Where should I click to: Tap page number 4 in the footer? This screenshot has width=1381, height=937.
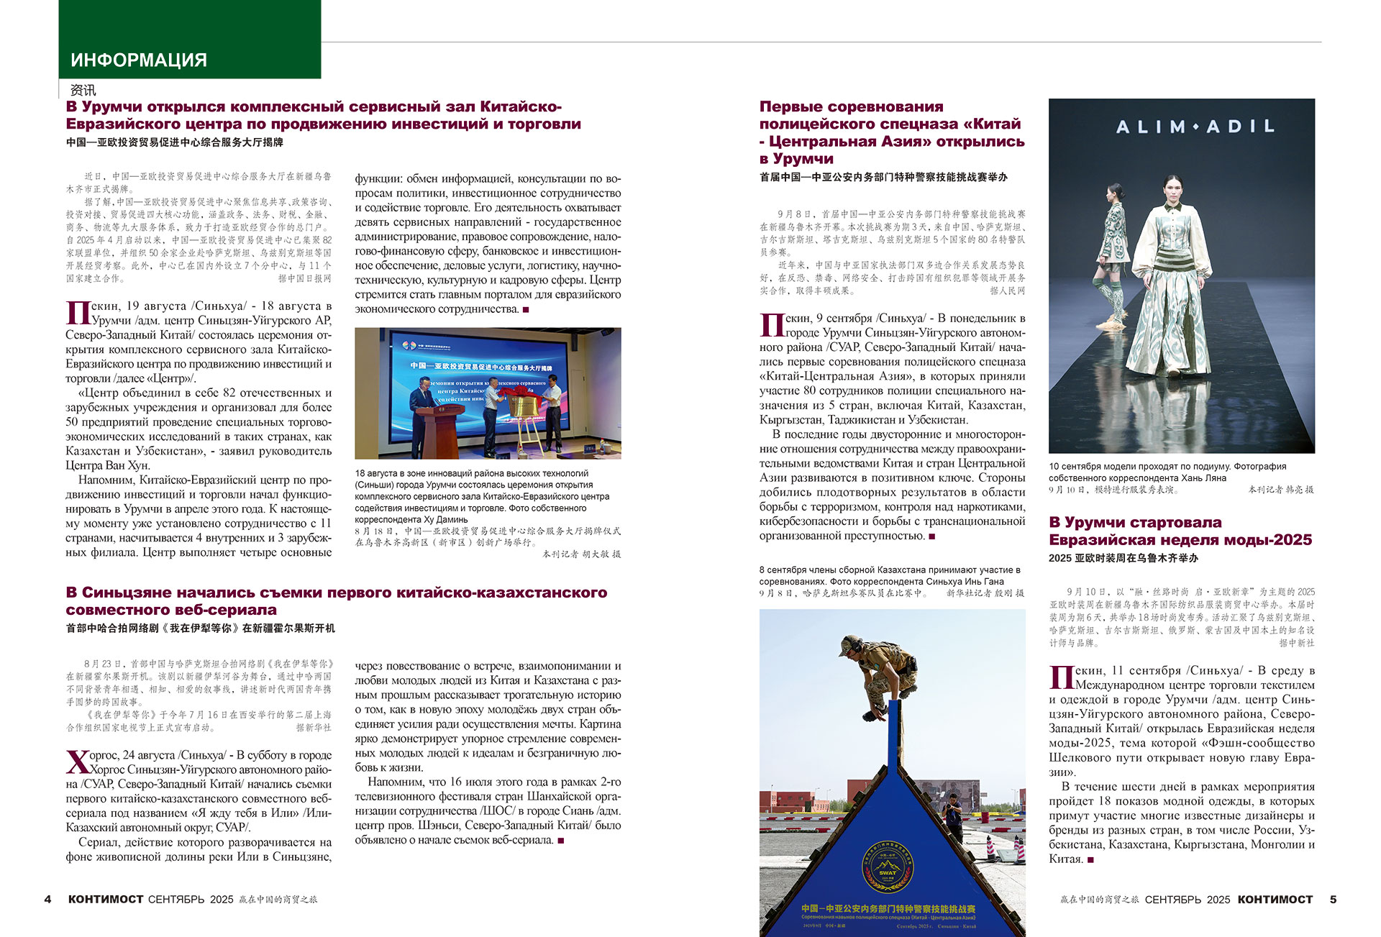tap(47, 900)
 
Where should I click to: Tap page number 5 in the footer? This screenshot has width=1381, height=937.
tap(1333, 900)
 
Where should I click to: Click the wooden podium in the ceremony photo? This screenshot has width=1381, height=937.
tap(439, 431)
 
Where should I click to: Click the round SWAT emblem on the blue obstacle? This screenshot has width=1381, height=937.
tap(888, 869)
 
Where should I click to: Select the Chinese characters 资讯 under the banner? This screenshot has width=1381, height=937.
tap(83, 91)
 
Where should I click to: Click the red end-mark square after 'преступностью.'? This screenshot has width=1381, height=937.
tap(932, 536)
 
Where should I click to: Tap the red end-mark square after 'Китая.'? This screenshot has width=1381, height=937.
tap(1090, 859)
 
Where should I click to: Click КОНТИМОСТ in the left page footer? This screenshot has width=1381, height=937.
tap(106, 900)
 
